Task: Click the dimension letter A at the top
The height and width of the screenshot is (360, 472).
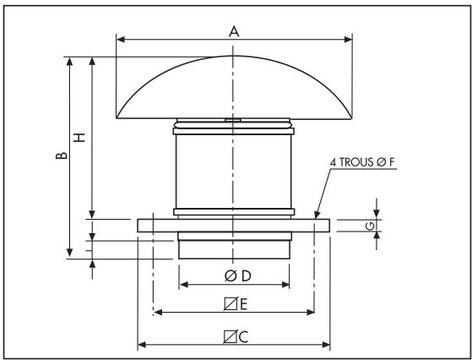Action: point(234,30)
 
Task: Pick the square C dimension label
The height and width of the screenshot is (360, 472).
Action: point(234,335)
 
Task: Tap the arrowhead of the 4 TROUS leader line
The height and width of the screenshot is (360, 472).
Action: point(315,217)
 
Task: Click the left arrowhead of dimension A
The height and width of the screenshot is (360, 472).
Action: point(120,39)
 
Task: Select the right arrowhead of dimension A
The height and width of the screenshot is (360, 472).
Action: point(348,39)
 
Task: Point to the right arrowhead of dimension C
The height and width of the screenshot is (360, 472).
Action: point(326,345)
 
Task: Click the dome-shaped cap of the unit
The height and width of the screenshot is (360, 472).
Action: point(234,89)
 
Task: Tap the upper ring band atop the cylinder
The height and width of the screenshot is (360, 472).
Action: point(234,130)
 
